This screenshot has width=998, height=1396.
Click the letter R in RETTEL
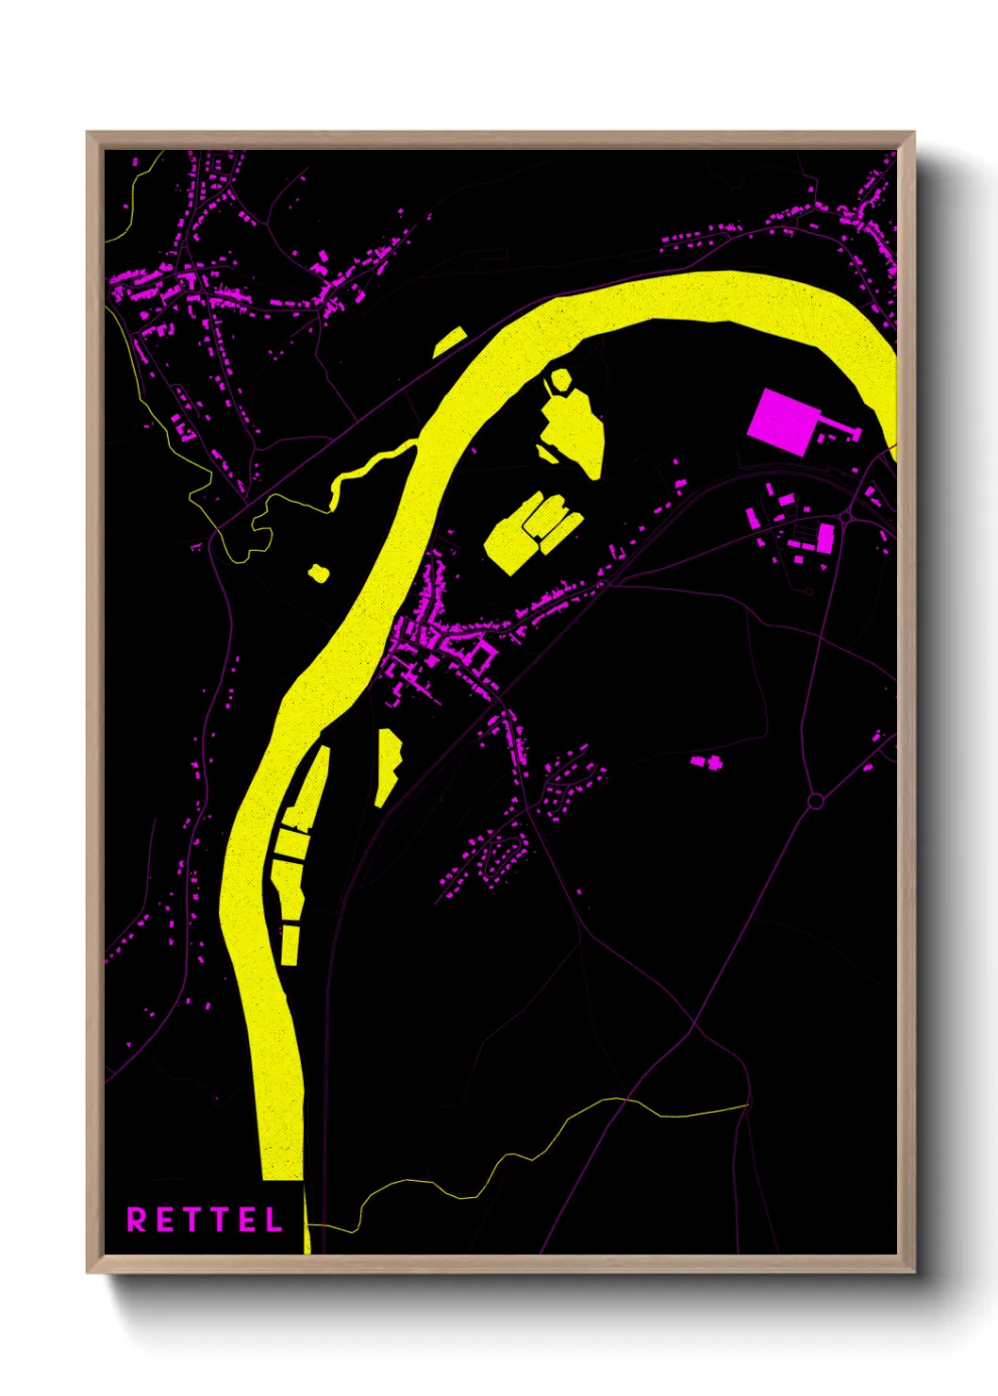[137, 1220]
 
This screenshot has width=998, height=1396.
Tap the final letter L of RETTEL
[274, 1220]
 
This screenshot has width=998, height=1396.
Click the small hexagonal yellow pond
[560, 379]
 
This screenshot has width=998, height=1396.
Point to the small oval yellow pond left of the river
[318, 572]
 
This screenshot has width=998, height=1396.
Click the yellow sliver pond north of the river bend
[450, 341]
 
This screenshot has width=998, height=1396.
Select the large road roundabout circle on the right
[816, 801]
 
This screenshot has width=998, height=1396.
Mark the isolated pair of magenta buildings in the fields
[706, 760]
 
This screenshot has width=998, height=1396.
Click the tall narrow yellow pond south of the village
[388, 764]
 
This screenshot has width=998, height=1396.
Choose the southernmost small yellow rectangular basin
[290, 945]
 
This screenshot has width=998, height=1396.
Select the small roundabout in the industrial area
[845, 518]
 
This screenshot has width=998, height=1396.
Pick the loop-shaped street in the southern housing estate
[505, 854]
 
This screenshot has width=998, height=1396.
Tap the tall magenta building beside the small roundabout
[825, 539]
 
